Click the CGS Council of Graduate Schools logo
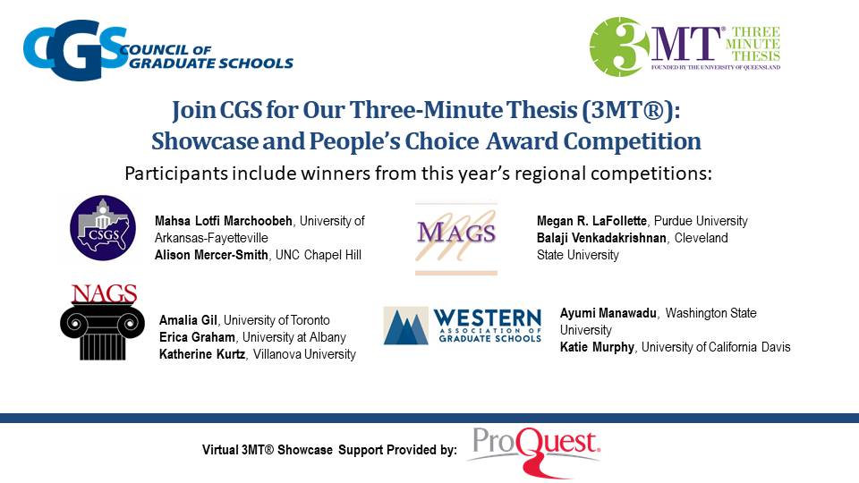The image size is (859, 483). pyautogui.click(x=157, y=50)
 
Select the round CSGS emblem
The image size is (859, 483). pyautogui.click(x=102, y=227)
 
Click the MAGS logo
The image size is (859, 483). pyautogui.click(x=455, y=237)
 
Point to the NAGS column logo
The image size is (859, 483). pyautogui.click(x=102, y=322)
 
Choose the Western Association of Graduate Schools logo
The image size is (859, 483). pyautogui.click(x=462, y=326)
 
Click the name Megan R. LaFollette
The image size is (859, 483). pyautogui.click(x=591, y=221)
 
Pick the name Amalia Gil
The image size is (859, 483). pyautogui.click(x=189, y=320)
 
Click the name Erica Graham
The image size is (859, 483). pyautogui.click(x=196, y=337)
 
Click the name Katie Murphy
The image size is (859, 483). pyautogui.click(x=597, y=347)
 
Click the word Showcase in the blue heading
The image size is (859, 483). pyautogui.click(x=197, y=141)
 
